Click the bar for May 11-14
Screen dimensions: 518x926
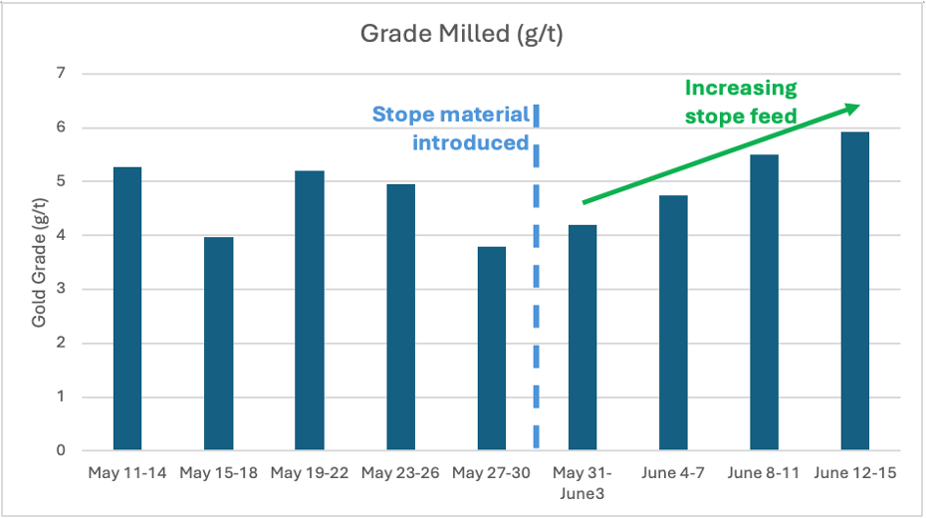pyautogui.click(x=127, y=309)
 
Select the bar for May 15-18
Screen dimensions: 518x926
pyautogui.click(x=218, y=344)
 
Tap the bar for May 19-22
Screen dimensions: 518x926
pyautogui.click(x=309, y=311)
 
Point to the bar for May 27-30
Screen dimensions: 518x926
pyautogui.click(x=491, y=349)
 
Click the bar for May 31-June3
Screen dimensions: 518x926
pyautogui.click(x=582, y=338)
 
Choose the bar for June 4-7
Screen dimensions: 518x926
pyautogui.click(x=673, y=323)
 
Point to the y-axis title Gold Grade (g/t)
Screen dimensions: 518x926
pyautogui.click(x=40, y=262)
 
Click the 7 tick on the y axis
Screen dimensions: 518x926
pyautogui.click(x=61, y=74)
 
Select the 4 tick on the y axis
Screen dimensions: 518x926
pyautogui.click(x=61, y=236)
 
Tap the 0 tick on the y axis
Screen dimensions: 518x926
pyautogui.click(x=61, y=451)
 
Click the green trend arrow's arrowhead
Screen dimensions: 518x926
pyautogui.click(x=851, y=108)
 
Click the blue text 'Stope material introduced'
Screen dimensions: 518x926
pyautogui.click(x=450, y=129)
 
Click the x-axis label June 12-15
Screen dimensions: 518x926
pyautogui.click(x=855, y=473)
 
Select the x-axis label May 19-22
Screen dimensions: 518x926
pyautogui.click(x=309, y=473)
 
